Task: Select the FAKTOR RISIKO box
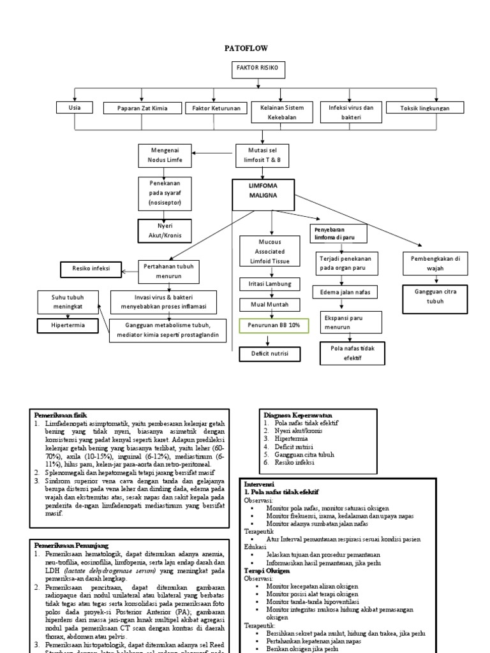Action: pyautogui.click(x=258, y=69)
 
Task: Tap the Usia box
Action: pyautogui.click(x=74, y=108)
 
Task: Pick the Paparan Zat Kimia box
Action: pyautogui.click(x=142, y=108)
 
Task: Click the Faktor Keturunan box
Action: pyautogui.click(x=216, y=108)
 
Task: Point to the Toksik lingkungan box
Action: pyautogui.click(x=424, y=108)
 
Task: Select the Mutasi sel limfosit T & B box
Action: pyautogui.click(x=258, y=154)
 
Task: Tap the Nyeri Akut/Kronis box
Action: pyautogui.click(x=165, y=230)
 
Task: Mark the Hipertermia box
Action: pyautogui.click(x=68, y=326)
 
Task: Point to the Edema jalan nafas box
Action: pyautogui.click(x=345, y=292)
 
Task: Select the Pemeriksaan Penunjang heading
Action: pyautogui.click(x=71, y=545)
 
